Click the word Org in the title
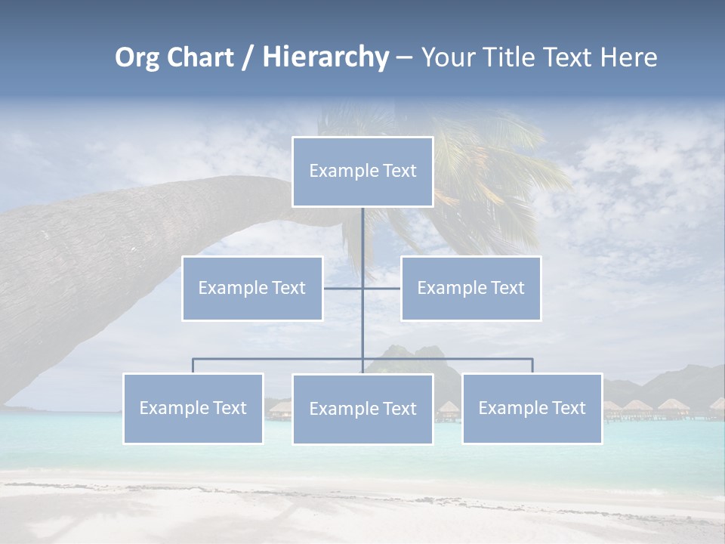tap(137, 57)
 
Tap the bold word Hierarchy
tap(325, 57)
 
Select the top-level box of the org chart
tap(362, 172)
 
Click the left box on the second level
tap(252, 288)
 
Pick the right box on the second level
tap(470, 288)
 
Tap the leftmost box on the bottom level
tap(193, 408)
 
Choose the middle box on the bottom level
tap(362, 409)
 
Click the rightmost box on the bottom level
tap(532, 408)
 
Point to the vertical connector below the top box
tap(362, 242)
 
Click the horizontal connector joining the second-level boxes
tap(344, 288)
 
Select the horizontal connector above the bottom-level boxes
tap(279, 359)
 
